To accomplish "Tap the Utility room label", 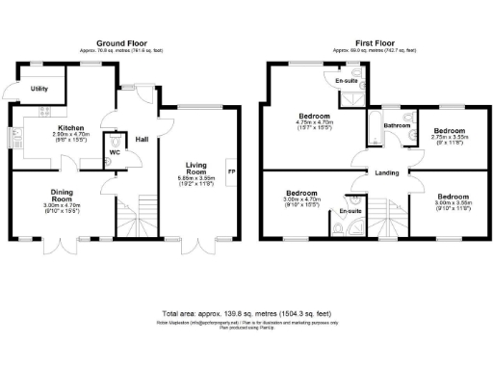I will coord(39,89).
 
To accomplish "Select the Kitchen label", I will coord(72,127).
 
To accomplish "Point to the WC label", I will coord(114,152).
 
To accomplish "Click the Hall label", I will coord(142,139).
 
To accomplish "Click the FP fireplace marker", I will coord(230,172).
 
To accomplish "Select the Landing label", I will coord(388,173).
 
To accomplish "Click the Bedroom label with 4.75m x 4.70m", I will coord(312,115).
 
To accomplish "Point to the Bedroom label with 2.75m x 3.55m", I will coord(449,130).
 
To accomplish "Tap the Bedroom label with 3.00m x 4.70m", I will coord(301,193).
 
